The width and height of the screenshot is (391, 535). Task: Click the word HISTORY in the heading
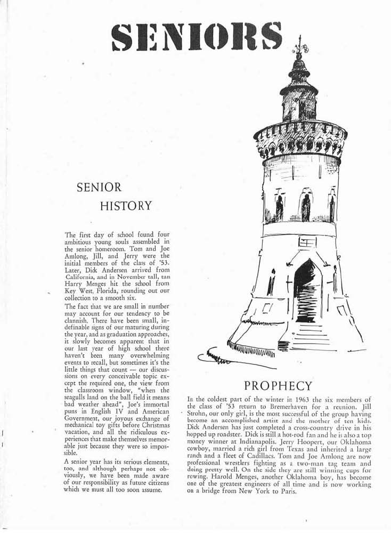(128, 206)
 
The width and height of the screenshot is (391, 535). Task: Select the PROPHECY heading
(278, 385)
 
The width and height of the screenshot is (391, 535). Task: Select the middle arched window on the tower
(305, 207)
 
